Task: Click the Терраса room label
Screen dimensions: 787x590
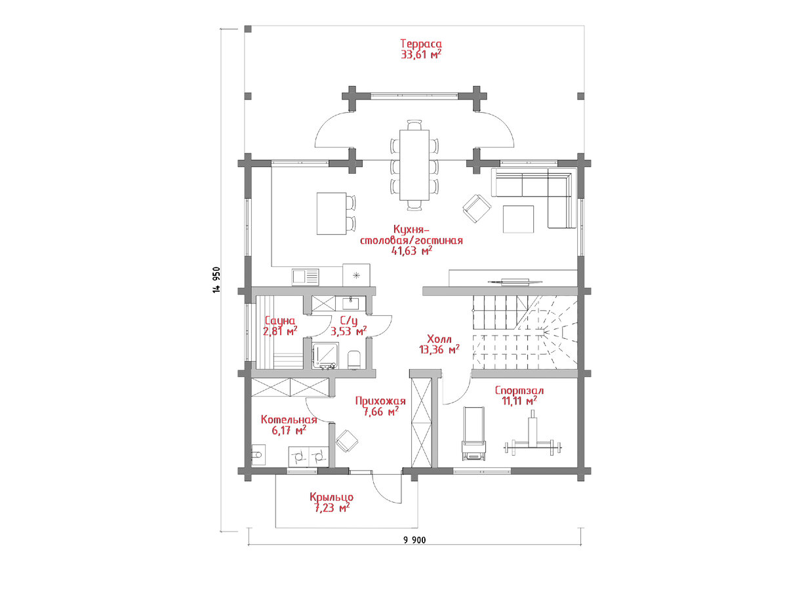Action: coord(421,44)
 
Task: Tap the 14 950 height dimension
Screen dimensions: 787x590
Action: coord(216,280)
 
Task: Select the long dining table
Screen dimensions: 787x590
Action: coord(414,165)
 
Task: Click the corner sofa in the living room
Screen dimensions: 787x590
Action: coord(533,197)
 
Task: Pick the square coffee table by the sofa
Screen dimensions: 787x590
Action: coord(518,219)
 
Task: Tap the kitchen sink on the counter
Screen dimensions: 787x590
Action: coord(306,277)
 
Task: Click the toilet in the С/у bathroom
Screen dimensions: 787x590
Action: coord(353,360)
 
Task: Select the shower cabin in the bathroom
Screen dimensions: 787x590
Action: coord(325,355)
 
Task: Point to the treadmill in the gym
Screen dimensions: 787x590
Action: coord(474,433)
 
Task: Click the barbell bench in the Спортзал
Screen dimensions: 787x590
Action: coord(533,435)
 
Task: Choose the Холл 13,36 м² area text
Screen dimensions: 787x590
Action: coord(439,344)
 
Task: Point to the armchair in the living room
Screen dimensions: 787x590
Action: coord(477,208)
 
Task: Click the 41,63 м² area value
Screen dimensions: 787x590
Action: coord(412,250)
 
